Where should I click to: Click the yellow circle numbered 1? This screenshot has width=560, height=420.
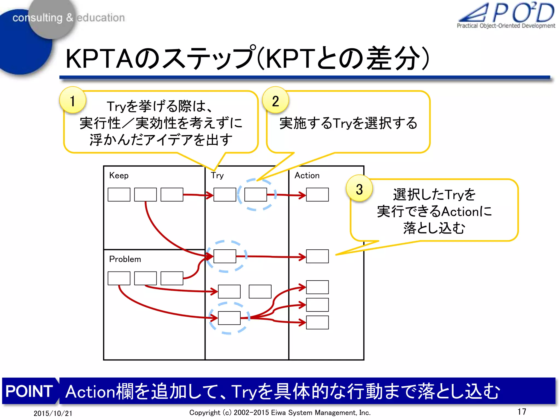[72, 100]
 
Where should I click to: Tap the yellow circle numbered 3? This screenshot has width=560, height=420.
[359, 189]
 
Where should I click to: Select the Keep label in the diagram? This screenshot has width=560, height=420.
[119, 175]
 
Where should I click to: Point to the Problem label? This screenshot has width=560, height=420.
[125, 259]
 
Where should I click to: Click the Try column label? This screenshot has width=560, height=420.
[217, 175]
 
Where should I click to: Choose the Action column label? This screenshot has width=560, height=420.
[307, 175]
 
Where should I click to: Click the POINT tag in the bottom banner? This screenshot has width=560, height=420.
[29, 391]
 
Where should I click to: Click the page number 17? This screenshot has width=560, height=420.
[521, 412]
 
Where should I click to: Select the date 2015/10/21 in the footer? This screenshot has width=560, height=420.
[53, 413]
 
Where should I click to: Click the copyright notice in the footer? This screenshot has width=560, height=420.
[280, 412]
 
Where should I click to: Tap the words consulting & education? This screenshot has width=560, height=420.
[68, 18]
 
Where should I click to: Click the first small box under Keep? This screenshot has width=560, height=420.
[119, 194]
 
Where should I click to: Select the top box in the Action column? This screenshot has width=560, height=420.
[317, 194]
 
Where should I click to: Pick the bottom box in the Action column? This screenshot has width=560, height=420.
[317, 322]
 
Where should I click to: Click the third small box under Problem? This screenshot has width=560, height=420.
[172, 278]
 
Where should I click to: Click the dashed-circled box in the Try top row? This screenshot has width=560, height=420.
[255, 194]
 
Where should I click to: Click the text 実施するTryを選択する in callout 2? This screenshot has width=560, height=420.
[348, 123]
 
